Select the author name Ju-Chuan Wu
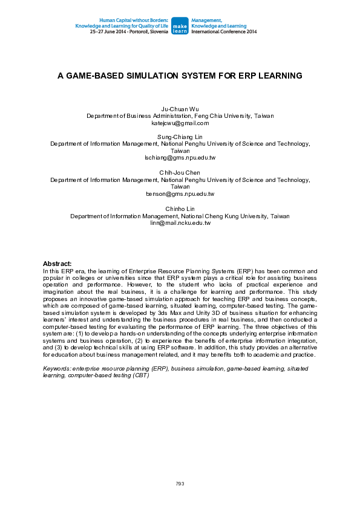pos(180,109)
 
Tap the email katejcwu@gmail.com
pos(180,123)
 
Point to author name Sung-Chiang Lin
pos(180,137)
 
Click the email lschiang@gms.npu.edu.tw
pos(180,158)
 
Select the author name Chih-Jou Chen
pos(180,172)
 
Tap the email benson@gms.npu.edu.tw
pos(180,194)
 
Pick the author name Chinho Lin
pos(180,209)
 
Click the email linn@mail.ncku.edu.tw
pos(180,222)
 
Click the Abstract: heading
pos(57,264)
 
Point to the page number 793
pos(180,484)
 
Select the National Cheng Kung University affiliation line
pos(180,216)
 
